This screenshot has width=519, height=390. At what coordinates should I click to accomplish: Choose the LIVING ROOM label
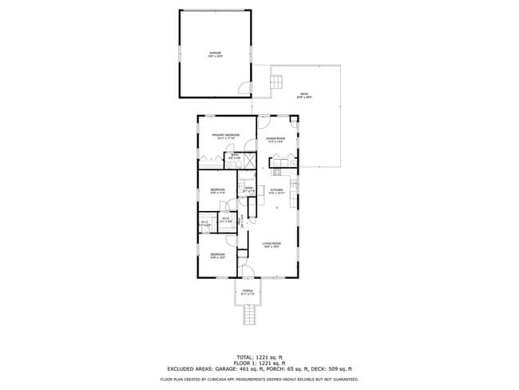[x=271, y=245]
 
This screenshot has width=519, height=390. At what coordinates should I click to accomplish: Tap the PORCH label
[x=248, y=291]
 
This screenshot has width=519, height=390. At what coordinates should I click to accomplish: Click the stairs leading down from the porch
[x=248, y=316]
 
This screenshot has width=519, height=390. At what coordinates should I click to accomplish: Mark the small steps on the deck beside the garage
[x=279, y=81]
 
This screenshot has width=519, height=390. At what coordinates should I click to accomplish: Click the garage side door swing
[x=245, y=86]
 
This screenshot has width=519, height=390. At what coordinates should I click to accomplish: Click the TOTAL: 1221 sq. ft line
[x=259, y=356]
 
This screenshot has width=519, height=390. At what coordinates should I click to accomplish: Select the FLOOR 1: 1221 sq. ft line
[x=259, y=362]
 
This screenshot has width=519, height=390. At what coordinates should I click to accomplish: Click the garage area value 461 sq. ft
[x=249, y=368]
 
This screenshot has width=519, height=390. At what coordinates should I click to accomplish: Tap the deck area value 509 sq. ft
[x=337, y=368]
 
